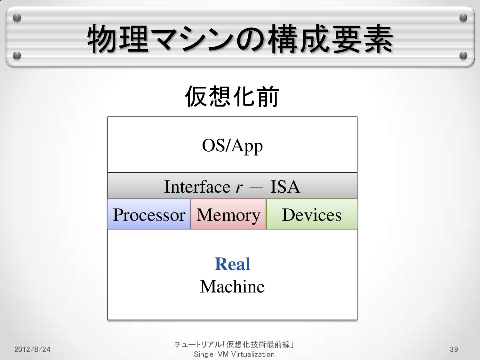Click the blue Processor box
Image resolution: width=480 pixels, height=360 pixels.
[149, 214]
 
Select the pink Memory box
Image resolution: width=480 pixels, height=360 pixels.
[228, 214]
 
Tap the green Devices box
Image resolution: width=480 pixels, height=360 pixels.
[312, 214]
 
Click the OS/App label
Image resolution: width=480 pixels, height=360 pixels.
[232, 146]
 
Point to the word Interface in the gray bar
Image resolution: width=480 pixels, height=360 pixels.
[197, 187]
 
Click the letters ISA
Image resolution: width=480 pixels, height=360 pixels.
[285, 187]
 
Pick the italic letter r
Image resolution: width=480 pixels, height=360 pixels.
[239, 187]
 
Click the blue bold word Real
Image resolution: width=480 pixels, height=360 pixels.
[232, 264]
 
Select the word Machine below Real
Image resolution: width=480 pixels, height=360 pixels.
[232, 286]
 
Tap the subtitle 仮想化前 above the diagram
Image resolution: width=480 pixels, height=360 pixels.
[232, 96]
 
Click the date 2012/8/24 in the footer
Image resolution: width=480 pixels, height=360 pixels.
[32, 349]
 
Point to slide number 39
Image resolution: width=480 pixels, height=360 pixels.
[454, 349]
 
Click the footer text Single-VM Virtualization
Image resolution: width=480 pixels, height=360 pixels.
[234, 354]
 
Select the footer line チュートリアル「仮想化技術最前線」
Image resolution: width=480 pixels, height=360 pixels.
[234, 344]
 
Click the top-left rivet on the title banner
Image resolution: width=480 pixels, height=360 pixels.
[17, 18]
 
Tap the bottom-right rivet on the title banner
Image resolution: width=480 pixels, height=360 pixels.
[463, 56]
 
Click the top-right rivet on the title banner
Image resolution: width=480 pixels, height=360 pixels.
[463, 18]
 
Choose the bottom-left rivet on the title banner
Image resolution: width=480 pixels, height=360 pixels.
[17, 56]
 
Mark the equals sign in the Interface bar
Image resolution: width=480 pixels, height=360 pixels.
[256, 186]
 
